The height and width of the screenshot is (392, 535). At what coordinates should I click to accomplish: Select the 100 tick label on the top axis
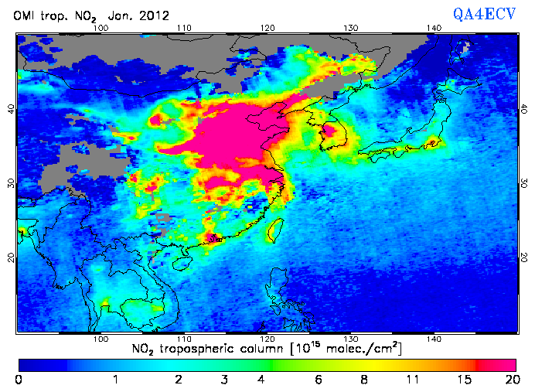pyautogui.click(x=100, y=28)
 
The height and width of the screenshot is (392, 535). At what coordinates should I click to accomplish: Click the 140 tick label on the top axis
pyautogui.click(x=434, y=28)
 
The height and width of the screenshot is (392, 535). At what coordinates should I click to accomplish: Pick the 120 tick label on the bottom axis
pyautogui.click(x=267, y=339)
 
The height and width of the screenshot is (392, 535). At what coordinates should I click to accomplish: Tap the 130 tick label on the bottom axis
pyautogui.click(x=350, y=339)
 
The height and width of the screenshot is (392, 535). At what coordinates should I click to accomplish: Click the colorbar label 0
pyautogui.click(x=18, y=379)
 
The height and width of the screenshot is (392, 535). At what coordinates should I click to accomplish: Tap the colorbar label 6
pyautogui.click(x=319, y=379)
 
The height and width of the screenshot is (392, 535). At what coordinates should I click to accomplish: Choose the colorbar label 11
pyautogui.click(x=412, y=379)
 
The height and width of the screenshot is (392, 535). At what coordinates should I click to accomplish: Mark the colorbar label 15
pyautogui.click(x=462, y=379)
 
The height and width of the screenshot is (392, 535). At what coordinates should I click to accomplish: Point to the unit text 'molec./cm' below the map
pyautogui.click(x=350, y=349)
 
